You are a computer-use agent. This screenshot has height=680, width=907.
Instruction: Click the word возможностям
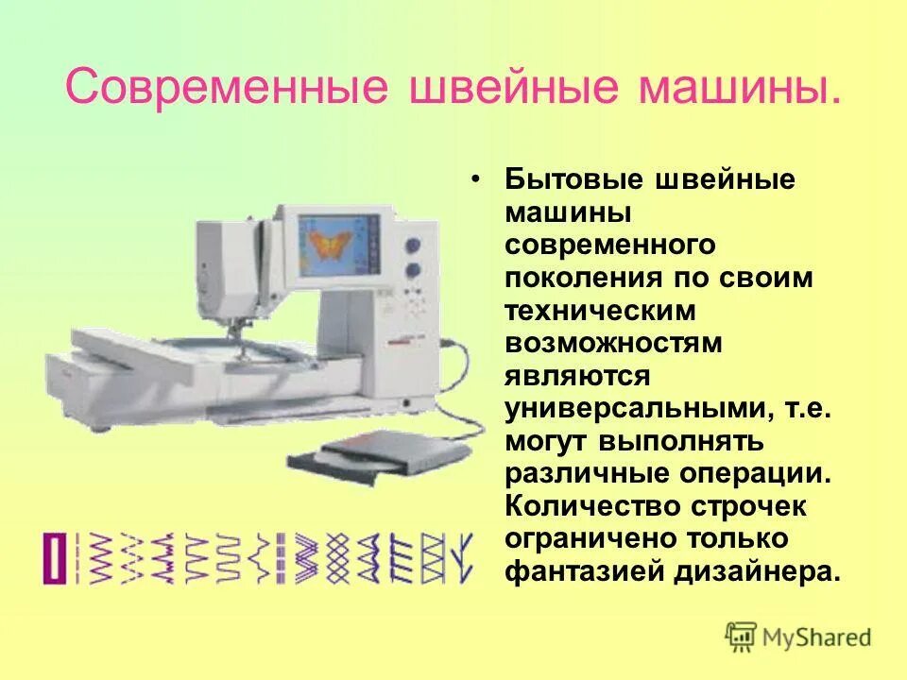pyautogui.click(x=613, y=343)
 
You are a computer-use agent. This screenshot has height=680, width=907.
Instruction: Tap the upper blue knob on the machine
pyautogui.click(x=412, y=246)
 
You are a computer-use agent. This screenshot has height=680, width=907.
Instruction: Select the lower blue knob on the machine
pyautogui.click(x=412, y=271)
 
